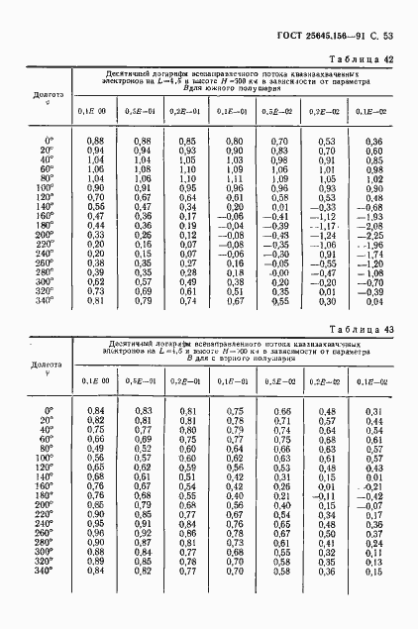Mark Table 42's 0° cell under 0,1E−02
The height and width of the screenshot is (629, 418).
(x=373, y=142)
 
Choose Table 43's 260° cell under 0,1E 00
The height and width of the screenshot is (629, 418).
(x=95, y=533)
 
